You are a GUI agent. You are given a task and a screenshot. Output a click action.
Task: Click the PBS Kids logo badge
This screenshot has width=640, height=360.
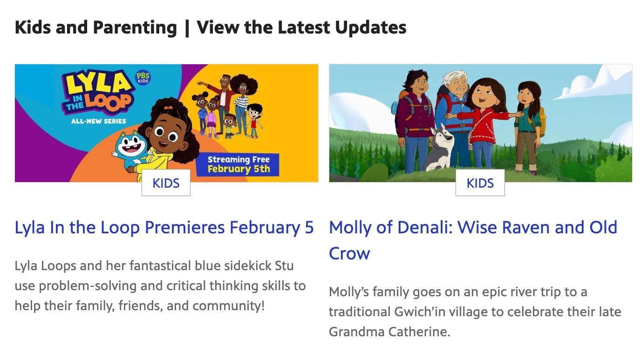click(143, 77)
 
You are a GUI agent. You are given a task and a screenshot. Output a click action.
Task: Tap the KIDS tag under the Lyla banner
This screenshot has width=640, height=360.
click(166, 183)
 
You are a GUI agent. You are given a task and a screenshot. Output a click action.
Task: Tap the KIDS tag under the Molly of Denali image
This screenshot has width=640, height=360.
click(480, 183)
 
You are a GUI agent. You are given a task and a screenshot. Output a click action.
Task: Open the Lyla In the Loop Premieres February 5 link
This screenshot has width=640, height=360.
click(164, 227)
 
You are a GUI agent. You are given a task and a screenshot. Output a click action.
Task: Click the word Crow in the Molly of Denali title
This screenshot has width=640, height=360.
click(349, 253)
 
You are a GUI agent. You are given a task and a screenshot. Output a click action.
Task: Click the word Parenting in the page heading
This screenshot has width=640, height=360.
click(135, 28)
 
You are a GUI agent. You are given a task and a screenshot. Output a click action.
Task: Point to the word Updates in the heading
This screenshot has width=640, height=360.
click(371, 28)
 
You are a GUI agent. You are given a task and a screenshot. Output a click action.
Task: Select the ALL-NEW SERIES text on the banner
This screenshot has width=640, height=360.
click(99, 121)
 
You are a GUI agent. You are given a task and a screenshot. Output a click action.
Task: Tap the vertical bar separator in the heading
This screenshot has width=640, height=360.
click(187, 28)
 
